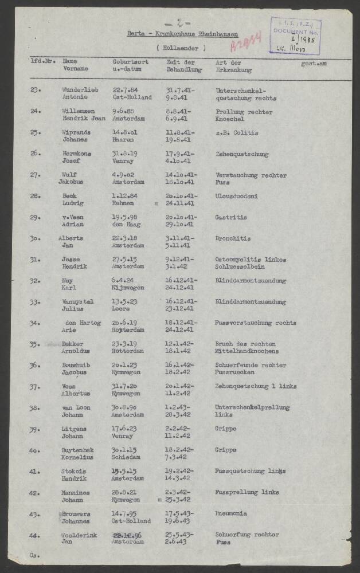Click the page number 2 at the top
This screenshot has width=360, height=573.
pos(179,24)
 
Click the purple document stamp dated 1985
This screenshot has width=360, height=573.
pos(296,36)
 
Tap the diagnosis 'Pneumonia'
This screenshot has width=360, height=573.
pos(230,513)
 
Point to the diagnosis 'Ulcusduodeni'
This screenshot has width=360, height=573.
pos(236,196)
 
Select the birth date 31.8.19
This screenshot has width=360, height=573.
pos(125,154)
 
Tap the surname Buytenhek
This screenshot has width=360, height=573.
pos(78,450)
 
